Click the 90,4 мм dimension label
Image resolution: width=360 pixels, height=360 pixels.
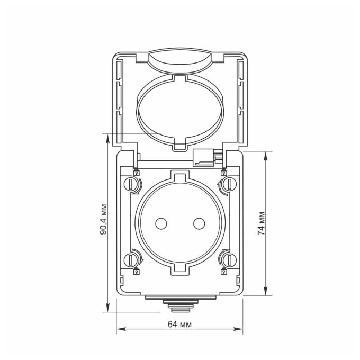click(104, 219)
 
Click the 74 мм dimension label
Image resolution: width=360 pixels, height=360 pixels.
click(262, 223)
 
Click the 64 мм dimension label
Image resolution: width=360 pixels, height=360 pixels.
click(179, 325)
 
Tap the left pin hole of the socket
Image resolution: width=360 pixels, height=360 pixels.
click(161, 223)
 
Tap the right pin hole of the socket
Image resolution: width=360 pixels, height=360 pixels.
click(199, 223)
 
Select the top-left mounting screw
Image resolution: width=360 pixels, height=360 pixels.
click(130, 184)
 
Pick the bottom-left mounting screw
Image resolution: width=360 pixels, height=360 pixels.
click(130, 259)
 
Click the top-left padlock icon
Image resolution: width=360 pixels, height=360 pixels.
click(137, 173)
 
